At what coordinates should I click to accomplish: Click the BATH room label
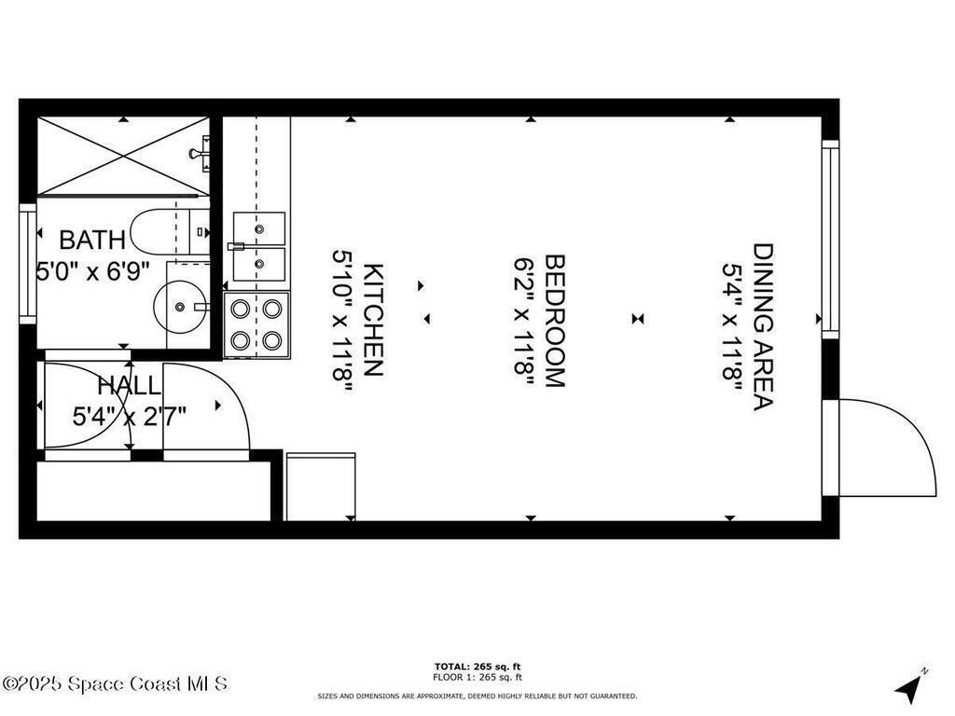[91, 240]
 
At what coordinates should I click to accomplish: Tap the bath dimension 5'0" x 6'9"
[92, 271]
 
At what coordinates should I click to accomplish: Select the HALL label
[129, 385]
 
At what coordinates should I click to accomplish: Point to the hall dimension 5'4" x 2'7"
[129, 415]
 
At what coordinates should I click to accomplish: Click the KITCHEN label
[373, 320]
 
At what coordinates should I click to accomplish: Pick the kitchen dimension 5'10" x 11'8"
[342, 320]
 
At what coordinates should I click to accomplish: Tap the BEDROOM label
[555, 320]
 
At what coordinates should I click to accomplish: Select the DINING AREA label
[764, 326]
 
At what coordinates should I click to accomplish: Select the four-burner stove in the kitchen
[256, 324]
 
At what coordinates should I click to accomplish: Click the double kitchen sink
[259, 246]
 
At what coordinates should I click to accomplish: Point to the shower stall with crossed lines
[122, 157]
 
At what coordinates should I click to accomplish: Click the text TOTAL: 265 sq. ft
[477, 666]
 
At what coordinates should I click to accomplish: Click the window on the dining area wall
[830, 239]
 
